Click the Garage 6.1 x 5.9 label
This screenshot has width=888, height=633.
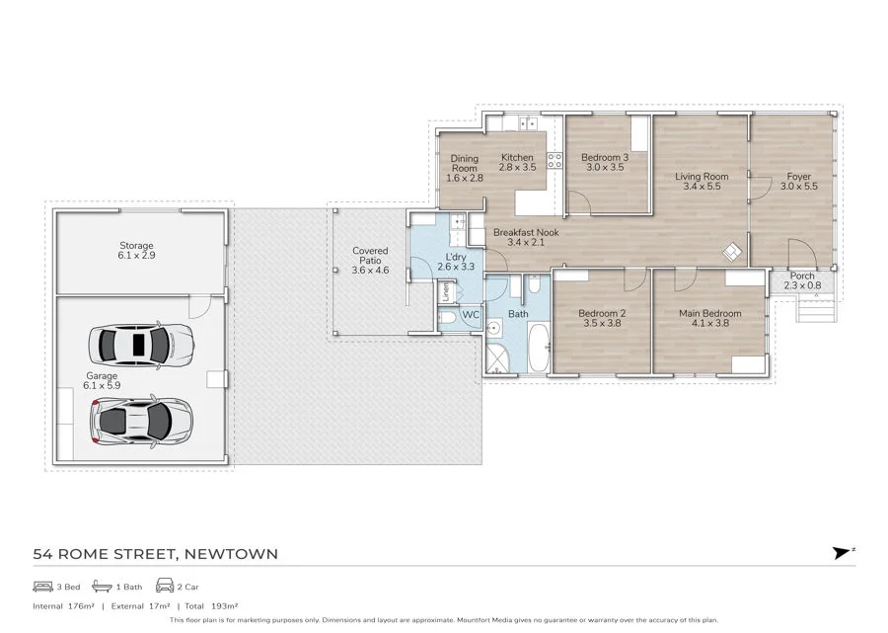(102, 381)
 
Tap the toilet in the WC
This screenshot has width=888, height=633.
(446, 317)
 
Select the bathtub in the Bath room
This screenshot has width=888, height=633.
(538, 352)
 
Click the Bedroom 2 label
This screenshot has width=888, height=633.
(605, 318)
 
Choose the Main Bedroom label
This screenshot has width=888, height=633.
(708, 318)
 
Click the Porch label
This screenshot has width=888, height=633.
(802, 280)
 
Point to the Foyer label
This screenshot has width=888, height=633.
(799, 182)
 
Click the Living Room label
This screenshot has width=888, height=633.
(702, 182)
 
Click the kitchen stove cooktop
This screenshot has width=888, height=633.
(555, 160)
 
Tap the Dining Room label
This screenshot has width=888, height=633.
(464, 168)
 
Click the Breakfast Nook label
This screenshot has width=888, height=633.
(526, 237)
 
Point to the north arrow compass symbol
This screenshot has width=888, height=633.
(842, 553)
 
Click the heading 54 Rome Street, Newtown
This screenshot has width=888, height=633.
(156, 554)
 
